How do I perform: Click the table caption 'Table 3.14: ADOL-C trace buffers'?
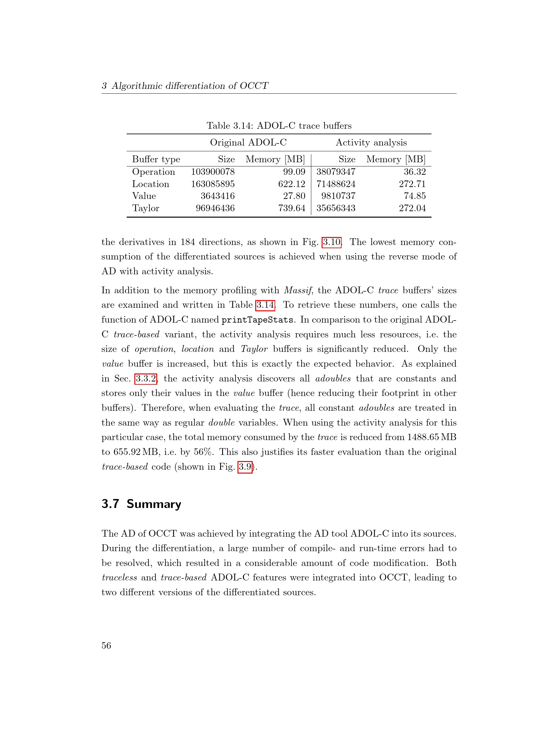pos(279,126)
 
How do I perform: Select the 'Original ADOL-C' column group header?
pos(248,142)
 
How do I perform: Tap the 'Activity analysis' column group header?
pos(371,142)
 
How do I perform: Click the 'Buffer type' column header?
pos(156,159)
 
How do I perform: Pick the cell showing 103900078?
pos(213,172)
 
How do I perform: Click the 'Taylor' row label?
pos(145,208)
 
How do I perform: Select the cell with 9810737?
pos(338,196)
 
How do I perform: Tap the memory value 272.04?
pos(412,208)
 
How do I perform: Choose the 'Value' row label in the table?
pos(144,196)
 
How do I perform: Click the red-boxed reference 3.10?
pos(332,242)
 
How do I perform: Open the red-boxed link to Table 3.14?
pos(265,305)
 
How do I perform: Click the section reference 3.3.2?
pos(146,379)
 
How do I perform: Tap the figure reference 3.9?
pos(245,466)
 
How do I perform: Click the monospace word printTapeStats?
pos(257,320)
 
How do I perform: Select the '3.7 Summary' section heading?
pos(141,504)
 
